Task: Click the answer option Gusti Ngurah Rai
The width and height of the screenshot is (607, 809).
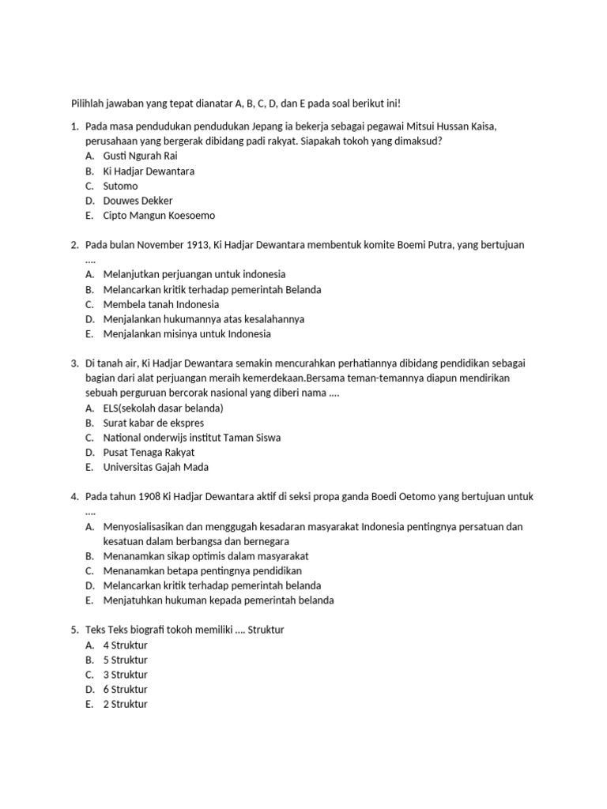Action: click(x=140, y=156)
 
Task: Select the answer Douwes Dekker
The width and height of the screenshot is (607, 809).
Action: click(x=138, y=201)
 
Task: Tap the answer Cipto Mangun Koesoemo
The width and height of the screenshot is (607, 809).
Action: click(x=158, y=216)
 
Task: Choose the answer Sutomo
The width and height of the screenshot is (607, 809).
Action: click(x=120, y=186)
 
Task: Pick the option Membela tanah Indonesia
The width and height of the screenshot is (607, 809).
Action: click(x=161, y=304)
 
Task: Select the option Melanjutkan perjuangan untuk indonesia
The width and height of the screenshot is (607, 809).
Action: click(x=194, y=274)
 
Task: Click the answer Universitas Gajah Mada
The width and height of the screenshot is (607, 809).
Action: click(x=156, y=468)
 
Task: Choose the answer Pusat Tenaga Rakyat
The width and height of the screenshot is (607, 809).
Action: click(x=149, y=453)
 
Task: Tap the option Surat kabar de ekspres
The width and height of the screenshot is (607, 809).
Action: click(x=153, y=423)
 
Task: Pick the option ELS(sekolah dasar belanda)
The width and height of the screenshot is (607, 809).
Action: click(x=163, y=408)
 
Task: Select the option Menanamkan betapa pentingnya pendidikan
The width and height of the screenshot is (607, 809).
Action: click(x=202, y=571)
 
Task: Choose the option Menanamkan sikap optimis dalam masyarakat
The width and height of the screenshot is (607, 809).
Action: click(x=205, y=556)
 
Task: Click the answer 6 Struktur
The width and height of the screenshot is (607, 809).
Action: click(x=125, y=690)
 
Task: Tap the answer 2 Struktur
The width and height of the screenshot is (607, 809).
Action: click(x=125, y=705)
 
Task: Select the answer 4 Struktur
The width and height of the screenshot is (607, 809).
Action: click(x=125, y=645)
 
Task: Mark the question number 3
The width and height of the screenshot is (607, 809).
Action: click(x=74, y=363)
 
